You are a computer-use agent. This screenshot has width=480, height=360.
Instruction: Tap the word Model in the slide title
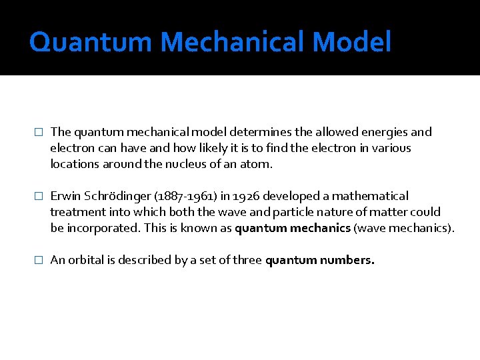point(351,42)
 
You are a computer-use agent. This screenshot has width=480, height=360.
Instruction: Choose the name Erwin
point(65,196)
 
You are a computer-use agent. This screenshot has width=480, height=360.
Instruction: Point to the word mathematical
point(371,196)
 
